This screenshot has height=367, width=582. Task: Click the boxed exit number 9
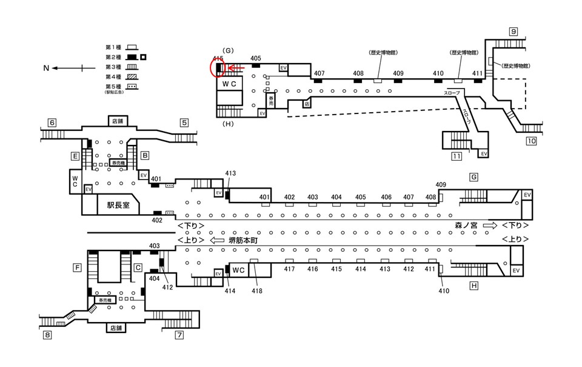click(513, 32)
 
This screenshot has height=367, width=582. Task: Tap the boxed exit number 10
click(531, 142)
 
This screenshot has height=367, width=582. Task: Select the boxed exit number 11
click(457, 157)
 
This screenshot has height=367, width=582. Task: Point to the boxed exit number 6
click(52, 123)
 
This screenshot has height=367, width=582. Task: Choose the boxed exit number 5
click(184, 123)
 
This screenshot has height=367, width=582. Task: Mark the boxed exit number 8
click(47, 334)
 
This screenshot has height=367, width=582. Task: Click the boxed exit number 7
click(179, 334)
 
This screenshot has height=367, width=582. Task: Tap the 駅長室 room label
click(118, 206)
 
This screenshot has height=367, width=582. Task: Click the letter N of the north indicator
click(46, 69)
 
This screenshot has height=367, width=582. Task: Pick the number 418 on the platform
click(257, 292)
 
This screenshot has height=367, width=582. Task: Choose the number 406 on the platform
click(386, 197)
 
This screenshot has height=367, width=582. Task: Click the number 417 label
click(289, 269)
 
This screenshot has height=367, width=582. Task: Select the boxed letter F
click(78, 267)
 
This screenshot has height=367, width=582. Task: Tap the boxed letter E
click(75, 156)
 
